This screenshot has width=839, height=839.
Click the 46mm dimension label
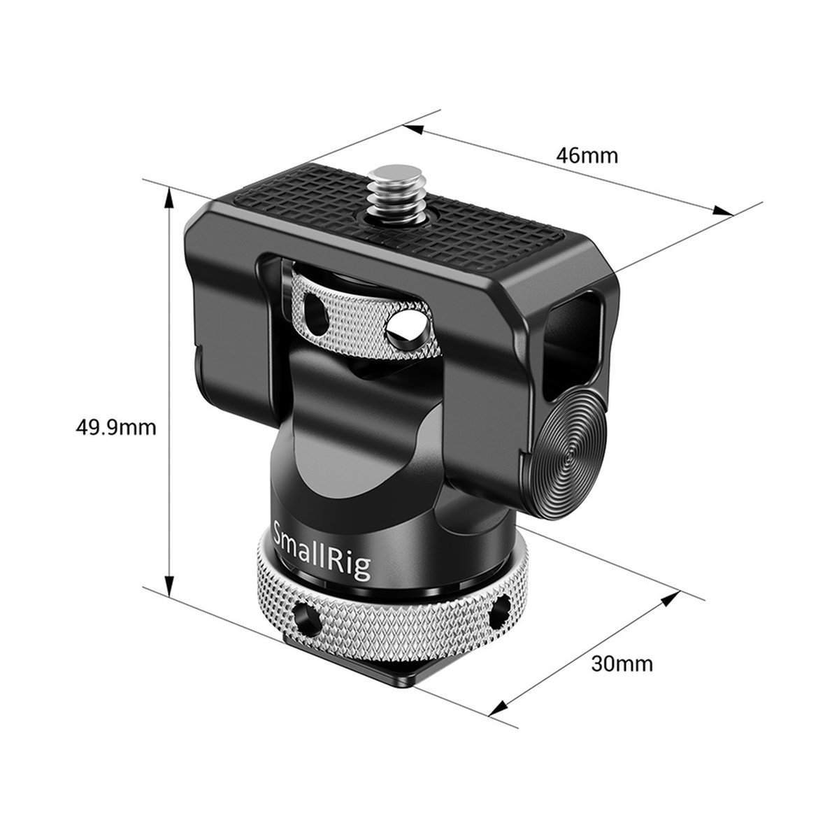click(587, 155)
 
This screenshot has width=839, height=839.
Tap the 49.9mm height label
click(116, 427)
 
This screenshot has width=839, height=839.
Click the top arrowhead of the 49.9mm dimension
click(168, 194)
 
